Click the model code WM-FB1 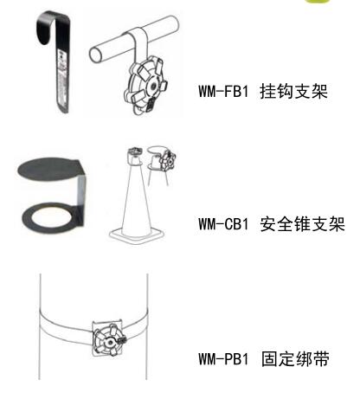[223, 91]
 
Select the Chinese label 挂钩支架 [293, 91]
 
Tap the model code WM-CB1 [223, 224]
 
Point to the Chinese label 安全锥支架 [302, 224]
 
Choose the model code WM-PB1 [223, 359]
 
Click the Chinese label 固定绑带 [295, 359]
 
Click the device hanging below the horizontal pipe [145, 86]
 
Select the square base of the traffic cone [136, 235]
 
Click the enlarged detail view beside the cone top [162, 162]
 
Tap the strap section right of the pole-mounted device [136, 326]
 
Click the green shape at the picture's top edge [318, 2]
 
